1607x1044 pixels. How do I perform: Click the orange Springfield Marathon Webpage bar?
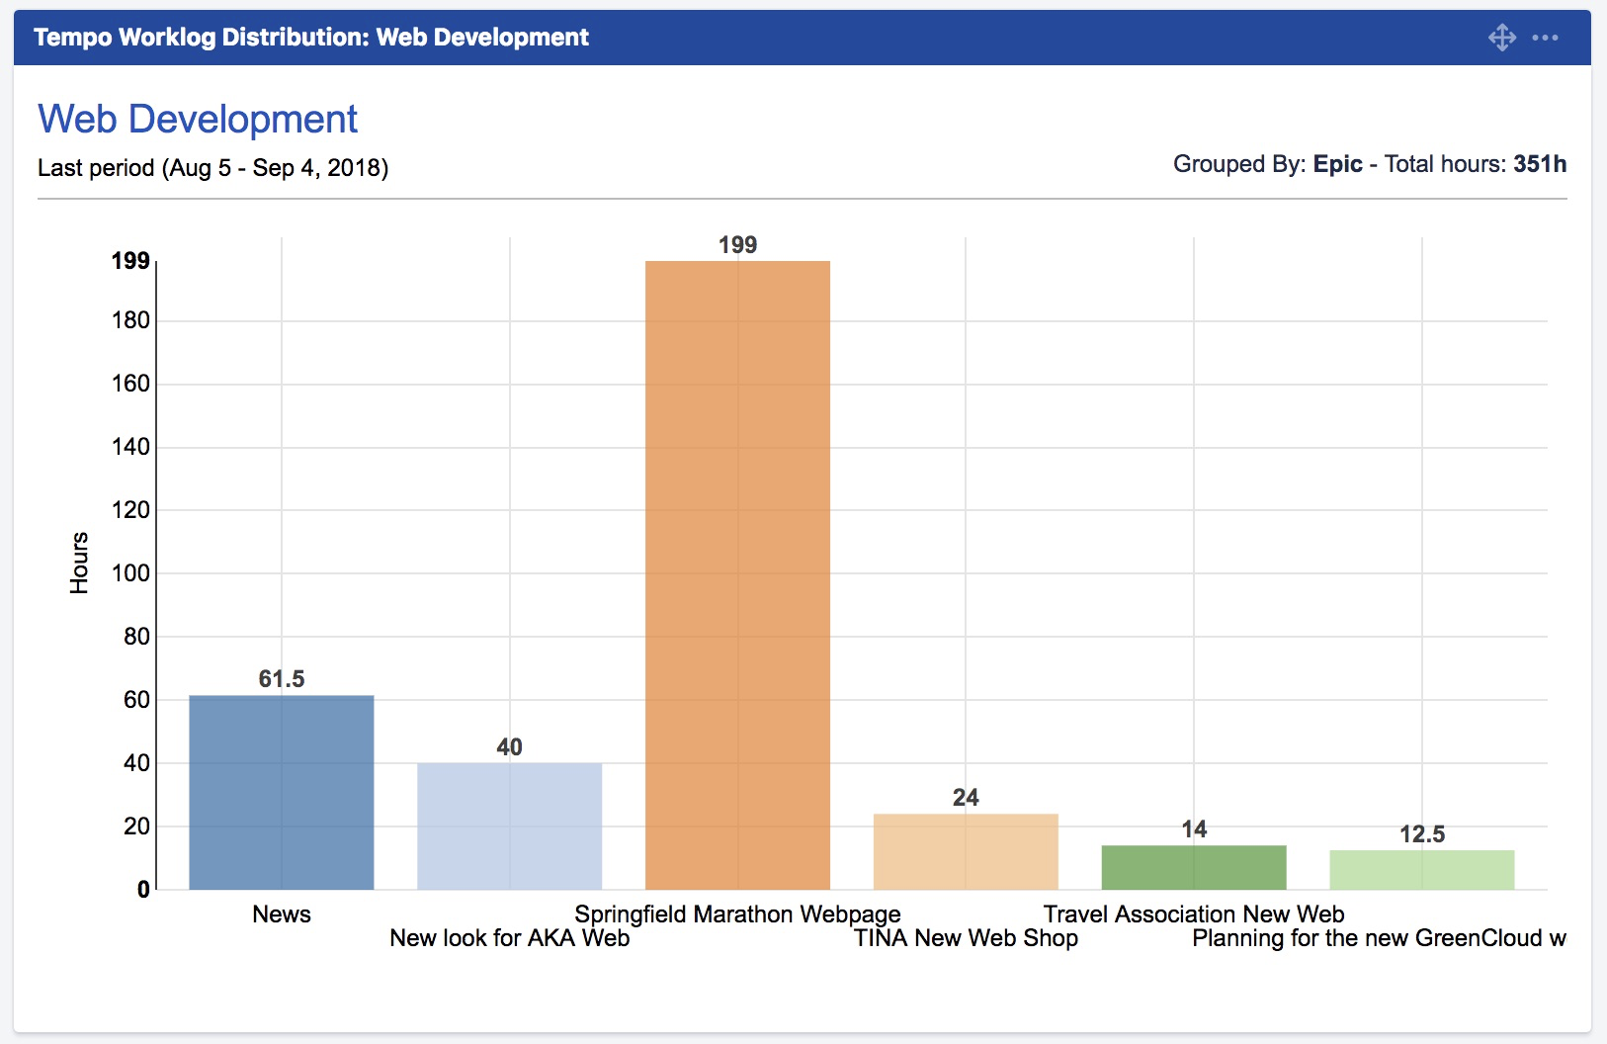737,574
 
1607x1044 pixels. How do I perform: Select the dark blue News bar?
282,792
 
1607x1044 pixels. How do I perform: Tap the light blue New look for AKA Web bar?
509,826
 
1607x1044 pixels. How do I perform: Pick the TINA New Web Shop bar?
966,851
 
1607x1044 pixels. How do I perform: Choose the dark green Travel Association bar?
1194,867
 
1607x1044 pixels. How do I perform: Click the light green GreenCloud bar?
1421,870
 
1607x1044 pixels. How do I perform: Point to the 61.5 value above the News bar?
282,679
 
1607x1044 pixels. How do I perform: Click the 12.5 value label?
1421,834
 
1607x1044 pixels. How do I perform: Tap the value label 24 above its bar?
966,798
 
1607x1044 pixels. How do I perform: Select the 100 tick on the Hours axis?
130,573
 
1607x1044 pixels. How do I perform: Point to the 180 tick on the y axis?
130,320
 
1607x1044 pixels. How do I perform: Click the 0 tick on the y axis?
143,890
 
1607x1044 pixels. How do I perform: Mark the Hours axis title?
79,563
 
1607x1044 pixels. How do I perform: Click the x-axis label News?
282,914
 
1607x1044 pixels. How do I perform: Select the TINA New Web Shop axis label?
966,938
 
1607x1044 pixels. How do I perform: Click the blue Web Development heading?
198,120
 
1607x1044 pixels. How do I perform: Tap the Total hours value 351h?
1539,164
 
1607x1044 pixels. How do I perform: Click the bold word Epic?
1337,164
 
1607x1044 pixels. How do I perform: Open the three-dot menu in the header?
1545,38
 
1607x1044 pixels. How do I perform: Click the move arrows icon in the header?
1502,38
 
